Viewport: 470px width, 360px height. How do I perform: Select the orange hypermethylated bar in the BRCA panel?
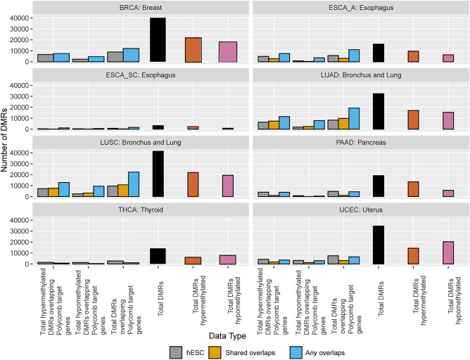click(194, 50)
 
